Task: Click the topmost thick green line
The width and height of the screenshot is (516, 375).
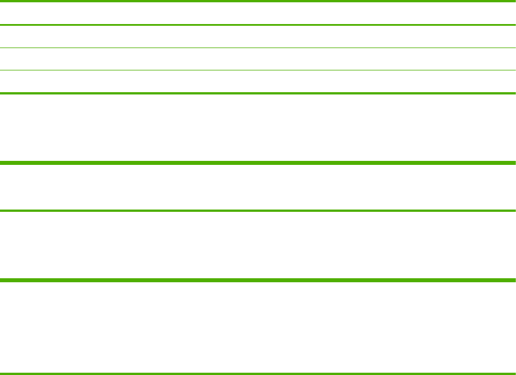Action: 258,2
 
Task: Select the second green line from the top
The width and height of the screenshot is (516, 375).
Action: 258,25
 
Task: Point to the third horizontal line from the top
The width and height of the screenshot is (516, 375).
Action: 258,48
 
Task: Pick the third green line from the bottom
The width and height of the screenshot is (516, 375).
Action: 258,211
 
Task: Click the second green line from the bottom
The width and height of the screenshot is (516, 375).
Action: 258,280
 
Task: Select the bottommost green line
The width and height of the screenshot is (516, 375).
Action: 258,374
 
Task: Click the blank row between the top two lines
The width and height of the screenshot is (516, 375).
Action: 258,13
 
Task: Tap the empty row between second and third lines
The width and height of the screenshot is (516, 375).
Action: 258,36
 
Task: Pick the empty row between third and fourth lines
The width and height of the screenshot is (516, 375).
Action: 258,59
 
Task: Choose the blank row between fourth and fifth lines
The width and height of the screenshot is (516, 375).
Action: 258,82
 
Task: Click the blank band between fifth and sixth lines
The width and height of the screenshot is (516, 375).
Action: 258,128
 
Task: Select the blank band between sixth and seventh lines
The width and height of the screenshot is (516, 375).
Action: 258,187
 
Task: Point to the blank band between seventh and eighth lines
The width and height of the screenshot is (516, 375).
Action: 258,246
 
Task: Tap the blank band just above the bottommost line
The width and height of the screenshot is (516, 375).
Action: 258,327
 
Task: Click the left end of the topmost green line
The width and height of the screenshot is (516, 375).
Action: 2,2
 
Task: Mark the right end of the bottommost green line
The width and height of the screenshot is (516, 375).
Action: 514,374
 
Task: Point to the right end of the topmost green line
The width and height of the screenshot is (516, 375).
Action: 514,2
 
